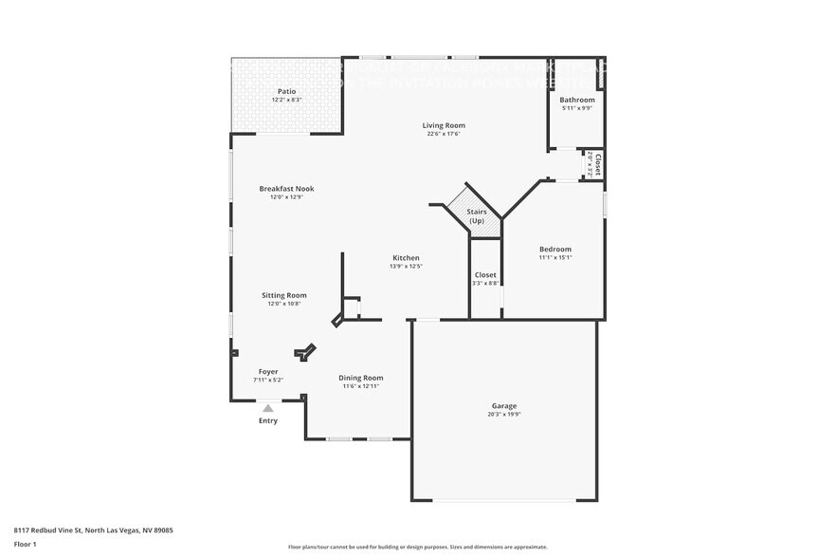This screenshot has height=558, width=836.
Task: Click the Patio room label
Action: coord(286,91)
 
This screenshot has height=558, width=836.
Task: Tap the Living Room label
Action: coord(444,125)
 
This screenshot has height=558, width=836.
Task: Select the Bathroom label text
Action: coord(576,100)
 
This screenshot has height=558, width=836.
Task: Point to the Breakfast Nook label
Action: coord(286,189)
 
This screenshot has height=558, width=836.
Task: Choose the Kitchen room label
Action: coord(406,258)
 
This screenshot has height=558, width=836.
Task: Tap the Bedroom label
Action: coord(555,249)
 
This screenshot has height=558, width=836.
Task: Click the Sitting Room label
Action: coord(284,295)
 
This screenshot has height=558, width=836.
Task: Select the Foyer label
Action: coord(268,371)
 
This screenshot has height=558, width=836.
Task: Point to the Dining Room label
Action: coord(361,378)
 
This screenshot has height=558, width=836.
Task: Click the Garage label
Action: coord(503,405)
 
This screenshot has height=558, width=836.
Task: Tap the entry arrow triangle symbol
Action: coord(268,408)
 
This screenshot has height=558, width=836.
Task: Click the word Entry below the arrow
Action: coord(268,420)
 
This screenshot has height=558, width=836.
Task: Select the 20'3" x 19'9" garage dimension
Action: coord(503,414)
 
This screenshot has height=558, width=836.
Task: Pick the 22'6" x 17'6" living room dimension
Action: coord(444,134)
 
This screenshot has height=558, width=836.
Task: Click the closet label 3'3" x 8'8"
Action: coord(485,283)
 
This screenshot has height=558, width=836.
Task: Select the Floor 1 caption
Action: coord(25,544)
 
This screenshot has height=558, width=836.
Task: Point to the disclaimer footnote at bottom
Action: coord(417,548)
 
